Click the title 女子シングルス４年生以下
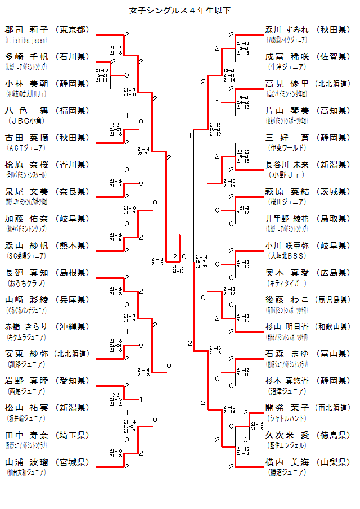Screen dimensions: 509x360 pyautogui.click(x=180, y=10)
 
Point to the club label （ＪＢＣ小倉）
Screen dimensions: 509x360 pyautogui.click(x=25, y=121)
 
